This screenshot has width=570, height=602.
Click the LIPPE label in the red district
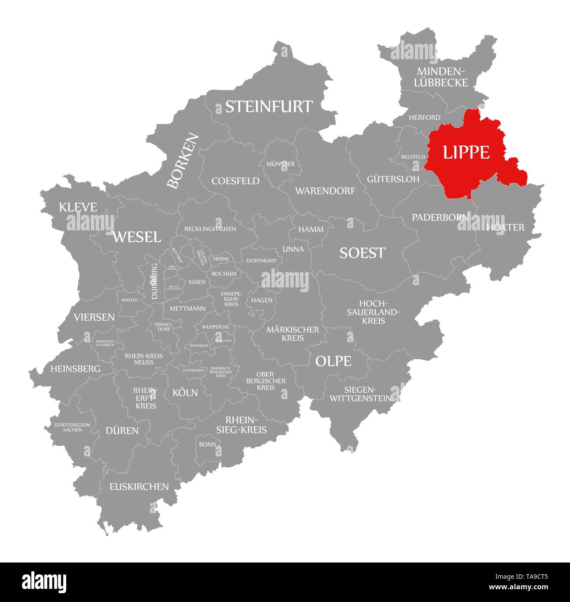(x=466, y=152)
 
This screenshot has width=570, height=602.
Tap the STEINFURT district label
(x=269, y=107)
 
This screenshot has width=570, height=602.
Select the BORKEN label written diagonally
(x=183, y=161)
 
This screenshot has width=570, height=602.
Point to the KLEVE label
(x=78, y=207)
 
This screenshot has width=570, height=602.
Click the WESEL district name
(x=137, y=237)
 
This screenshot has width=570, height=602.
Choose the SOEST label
(x=362, y=253)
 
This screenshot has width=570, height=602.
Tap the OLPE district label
(x=333, y=361)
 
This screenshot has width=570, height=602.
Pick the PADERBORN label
(x=440, y=217)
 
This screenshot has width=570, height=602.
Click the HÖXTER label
(x=505, y=227)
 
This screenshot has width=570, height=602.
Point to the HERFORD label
(x=424, y=118)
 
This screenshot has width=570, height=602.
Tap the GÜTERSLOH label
(x=393, y=179)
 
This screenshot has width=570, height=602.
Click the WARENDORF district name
(x=325, y=191)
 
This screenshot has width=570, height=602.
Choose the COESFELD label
(x=235, y=181)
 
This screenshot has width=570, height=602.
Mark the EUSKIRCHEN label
(x=139, y=487)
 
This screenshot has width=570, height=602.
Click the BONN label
(x=207, y=444)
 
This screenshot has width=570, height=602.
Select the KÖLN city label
(x=185, y=393)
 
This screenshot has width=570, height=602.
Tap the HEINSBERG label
(x=75, y=369)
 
